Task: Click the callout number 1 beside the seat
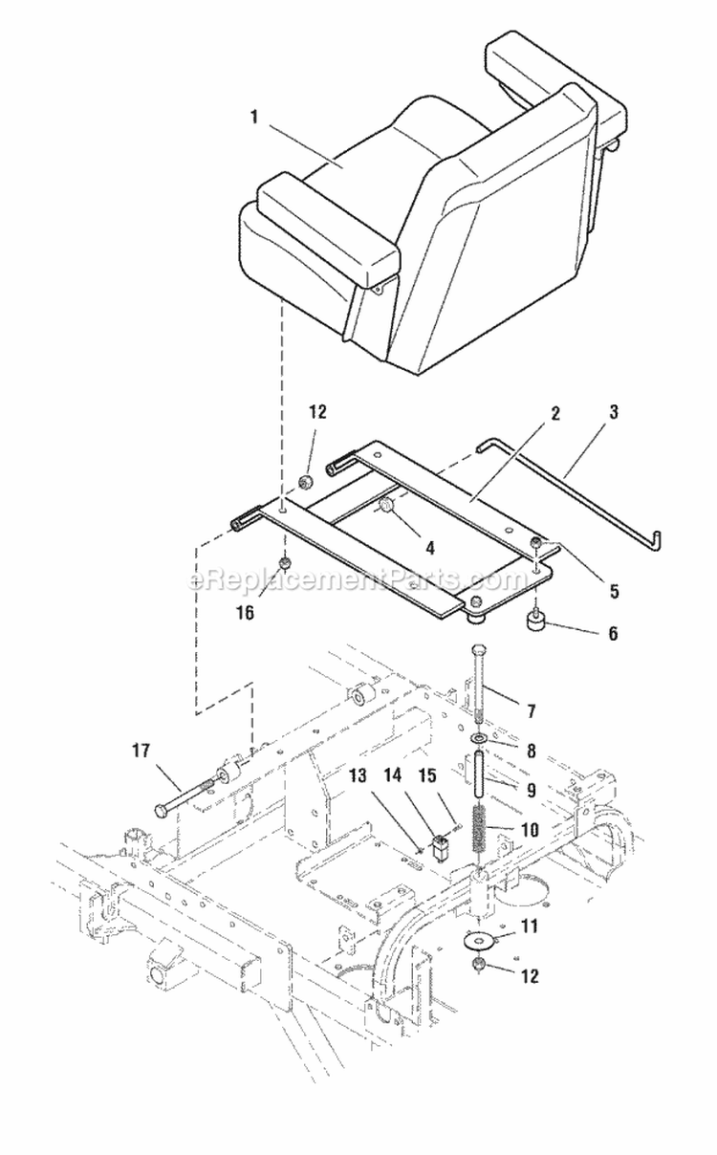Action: click(x=253, y=118)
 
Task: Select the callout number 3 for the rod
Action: click(x=613, y=413)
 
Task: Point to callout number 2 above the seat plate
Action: click(x=555, y=414)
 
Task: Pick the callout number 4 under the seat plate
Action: click(x=429, y=549)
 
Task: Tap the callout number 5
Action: click(x=613, y=592)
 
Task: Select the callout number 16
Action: click(x=246, y=613)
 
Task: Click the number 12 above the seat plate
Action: click(x=317, y=413)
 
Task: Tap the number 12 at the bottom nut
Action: click(x=530, y=976)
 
